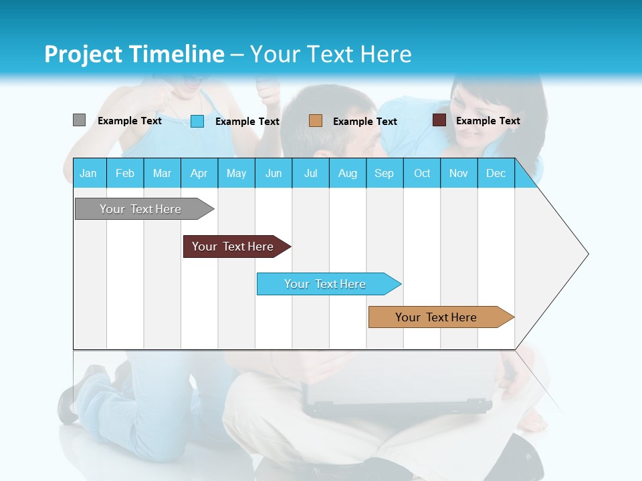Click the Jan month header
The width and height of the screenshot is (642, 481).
pyautogui.click(x=88, y=173)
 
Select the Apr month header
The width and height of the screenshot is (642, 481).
pyautogui.click(x=199, y=173)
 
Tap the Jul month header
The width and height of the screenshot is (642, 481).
pyautogui.click(x=310, y=173)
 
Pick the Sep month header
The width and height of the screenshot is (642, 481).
pyautogui.click(x=384, y=173)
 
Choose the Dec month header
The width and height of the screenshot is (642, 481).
pyautogui.click(x=496, y=173)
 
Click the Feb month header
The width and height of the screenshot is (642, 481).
pyautogui.click(x=125, y=173)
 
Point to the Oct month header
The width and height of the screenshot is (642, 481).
pyautogui.click(x=422, y=173)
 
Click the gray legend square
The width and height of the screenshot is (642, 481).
pyautogui.click(x=79, y=120)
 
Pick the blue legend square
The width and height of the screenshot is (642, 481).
pyautogui.click(x=197, y=121)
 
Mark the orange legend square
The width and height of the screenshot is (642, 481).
pyautogui.click(x=316, y=121)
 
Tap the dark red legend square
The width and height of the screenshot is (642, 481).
pyautogui.click(x=439, y=120)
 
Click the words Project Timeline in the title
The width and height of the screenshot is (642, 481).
pyautogui.click(x=134, y=54)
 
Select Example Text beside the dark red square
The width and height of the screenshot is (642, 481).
pyautogui.click(x=488, y=121)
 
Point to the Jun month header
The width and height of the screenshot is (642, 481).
pyautogui.click(x=274, y=173)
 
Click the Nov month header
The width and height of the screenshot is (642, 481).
pyautogui.click(x=458, y=173)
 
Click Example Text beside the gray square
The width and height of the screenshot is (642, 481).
pyautogui.click(x=129, y=121)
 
